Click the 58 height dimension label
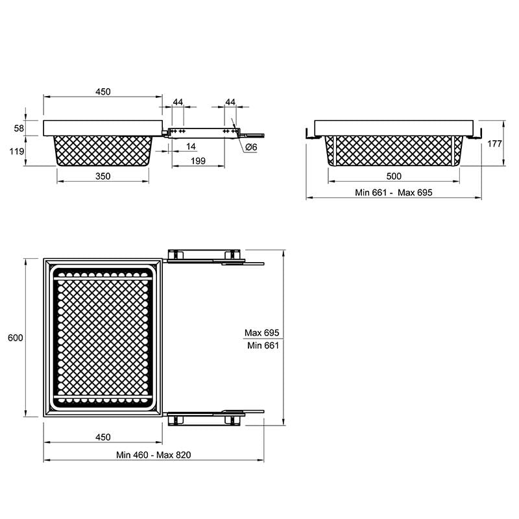click(19, 128)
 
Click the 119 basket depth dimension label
click(17, 152)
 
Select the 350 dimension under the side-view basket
click(103, 176)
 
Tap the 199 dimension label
click(199, 161)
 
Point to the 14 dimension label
click(191, 147)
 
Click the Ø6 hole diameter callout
click(251, 147)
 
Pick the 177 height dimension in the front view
click(494, 143)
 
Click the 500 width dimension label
click(394, 176)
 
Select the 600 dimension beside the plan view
click(16, 338)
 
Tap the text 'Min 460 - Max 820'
click(154, 455)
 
